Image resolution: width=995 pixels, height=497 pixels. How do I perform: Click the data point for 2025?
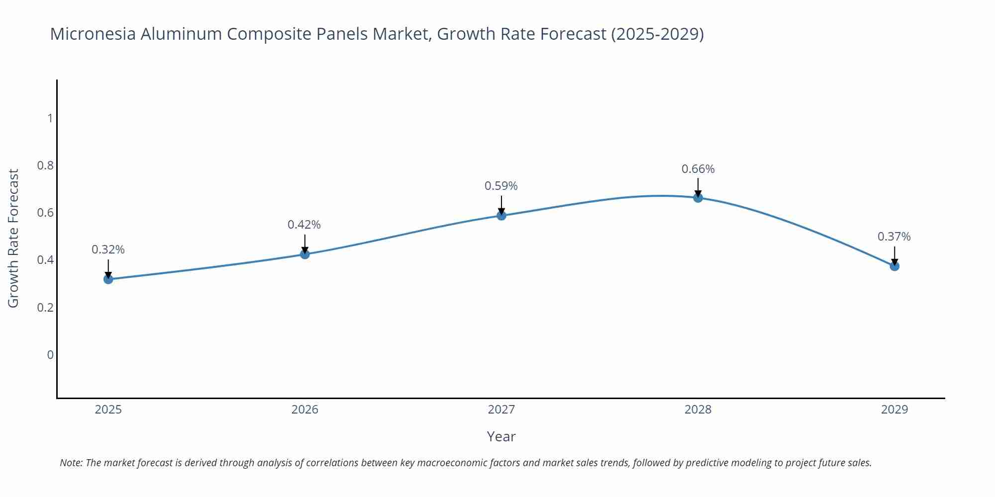[108, 279]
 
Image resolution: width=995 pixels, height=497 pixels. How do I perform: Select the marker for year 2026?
[305, 254]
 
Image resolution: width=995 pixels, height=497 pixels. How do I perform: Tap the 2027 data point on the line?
[501, 215]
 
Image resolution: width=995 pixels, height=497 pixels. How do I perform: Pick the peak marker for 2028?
[698, 198]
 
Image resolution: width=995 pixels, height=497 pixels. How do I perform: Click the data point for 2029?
[895, 266]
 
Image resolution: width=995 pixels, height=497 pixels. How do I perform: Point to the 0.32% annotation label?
[108, 249]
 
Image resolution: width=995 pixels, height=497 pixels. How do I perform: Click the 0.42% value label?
[304, 225]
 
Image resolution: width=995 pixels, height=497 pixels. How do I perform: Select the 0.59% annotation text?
[501, 186]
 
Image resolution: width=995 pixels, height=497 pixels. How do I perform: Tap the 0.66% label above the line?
[698, 169]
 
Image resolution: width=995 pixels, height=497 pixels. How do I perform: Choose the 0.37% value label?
[894, 237]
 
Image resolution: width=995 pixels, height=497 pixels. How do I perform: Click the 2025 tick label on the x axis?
[108, 410]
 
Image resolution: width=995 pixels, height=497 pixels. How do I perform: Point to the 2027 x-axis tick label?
[501, 410]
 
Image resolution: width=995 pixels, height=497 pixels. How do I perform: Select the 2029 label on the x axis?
[895, 410]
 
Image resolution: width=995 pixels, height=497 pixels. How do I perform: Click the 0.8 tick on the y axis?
[45, 166]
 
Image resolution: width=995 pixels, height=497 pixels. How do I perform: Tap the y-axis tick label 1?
[50, 118]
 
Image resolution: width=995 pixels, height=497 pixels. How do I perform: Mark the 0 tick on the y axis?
[50, 355]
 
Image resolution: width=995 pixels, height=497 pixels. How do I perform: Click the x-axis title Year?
[501, 436]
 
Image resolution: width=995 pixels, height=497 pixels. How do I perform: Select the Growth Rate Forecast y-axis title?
[13, 239]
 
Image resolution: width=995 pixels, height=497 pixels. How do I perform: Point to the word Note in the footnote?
[70, 463]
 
